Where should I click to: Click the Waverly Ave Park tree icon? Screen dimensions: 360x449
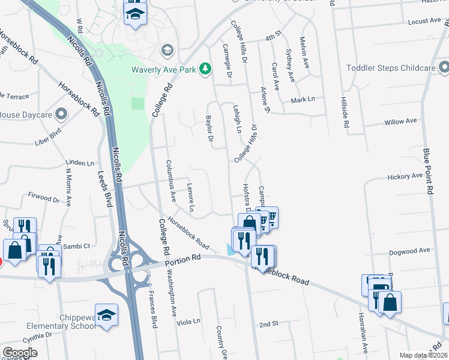click(x=205, y=70)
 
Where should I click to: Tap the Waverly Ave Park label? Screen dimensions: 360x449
click(x=164, y=70)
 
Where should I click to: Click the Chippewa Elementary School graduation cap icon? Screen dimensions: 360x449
click(x=106, y=316)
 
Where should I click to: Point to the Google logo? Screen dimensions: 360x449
click(x=20, y=353)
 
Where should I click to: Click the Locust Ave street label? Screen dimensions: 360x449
click(x=424, y=20)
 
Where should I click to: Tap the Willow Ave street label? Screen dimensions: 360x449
click(x=400, y=121)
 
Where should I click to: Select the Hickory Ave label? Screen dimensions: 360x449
click(x=405, y=176)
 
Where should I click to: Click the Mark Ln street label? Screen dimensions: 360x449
click(x=303, y=100)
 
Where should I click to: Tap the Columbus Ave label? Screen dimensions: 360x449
click(x=170, y=179)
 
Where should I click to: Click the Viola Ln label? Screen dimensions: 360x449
click(x=188, y=322)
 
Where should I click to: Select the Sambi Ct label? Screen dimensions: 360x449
click(x=77, y=246)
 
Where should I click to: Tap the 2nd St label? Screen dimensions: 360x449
click(x=269, y=324)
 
